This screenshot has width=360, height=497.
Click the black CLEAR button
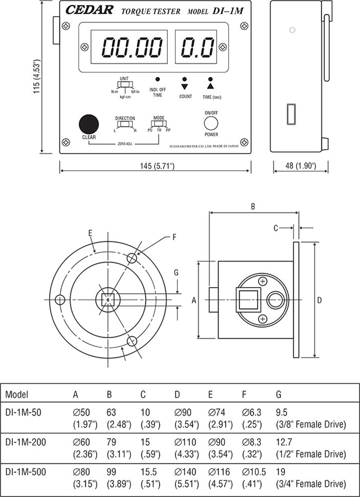pyautogui.click(x=88, y=124)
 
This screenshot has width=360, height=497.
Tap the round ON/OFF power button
pyautogui.click(x=211, y=123)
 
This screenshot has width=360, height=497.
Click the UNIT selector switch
pyautogui.click(x=125, y=85)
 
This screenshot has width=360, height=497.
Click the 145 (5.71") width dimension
pyautogui.click(x=155, y=166)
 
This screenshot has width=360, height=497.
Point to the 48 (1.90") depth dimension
pyautogui.click(x=299, y=166)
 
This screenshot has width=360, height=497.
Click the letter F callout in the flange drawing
pyautogui.click(x=173, y=237)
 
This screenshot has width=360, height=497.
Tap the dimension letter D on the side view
pyautogui.click(x=319, y=300)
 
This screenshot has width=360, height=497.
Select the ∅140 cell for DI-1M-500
pyautogui.click(x=185, y=472)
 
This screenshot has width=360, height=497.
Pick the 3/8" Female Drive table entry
pyautogui.click(x=311, y=424)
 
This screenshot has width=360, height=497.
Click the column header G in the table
pyautogui.click(x=278, y=395)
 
